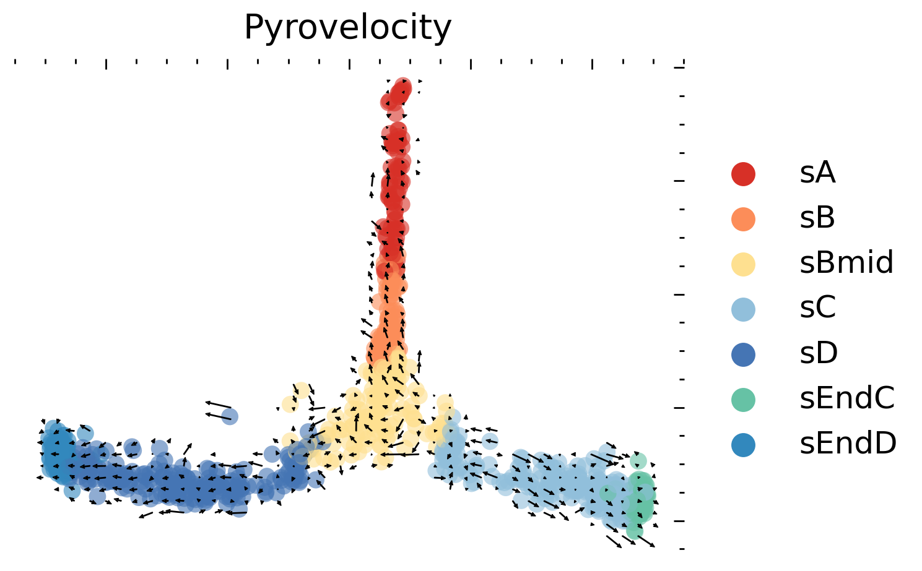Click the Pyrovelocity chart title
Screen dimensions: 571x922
pyautogui.click(x=347, y=28)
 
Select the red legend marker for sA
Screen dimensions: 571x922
pyautogui.click(x=743, y=174)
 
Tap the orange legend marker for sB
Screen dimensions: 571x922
pyautogui.click(x=743, y=219)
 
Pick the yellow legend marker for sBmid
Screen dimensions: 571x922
pyautogui.click(x=743, y=264)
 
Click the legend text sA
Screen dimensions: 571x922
pyautogui.click(x=817, y=174)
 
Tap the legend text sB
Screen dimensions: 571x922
pyautogui.click(x=817, y=219)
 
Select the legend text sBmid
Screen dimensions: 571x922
pyautogui.click(x=846, y=264)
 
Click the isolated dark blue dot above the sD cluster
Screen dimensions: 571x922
pyautogui.click(x=229, y=415)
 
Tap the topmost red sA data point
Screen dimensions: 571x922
pyautogui.click(x=403, y=85)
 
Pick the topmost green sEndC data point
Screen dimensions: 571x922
pyautogui.click(x=638, y=461)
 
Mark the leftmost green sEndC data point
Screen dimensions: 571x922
pyautogui.click(x=608, y=494)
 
